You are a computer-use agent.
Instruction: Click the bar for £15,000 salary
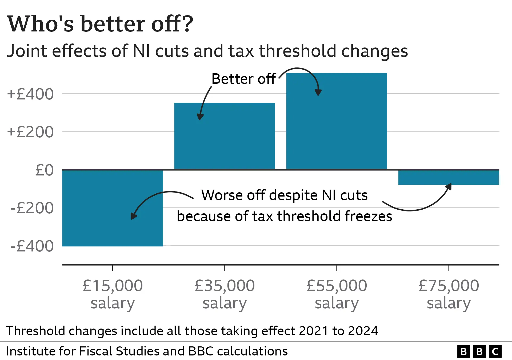pos(113,208)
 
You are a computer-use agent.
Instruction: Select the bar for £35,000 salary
pos(225,136)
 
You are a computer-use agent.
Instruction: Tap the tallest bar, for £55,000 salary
pos(337,121)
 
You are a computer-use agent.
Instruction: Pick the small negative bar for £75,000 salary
pos(449,177)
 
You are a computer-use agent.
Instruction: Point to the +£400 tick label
pos(30,94)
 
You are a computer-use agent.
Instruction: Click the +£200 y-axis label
pos(30,132)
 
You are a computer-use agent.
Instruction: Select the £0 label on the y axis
pos(45,170)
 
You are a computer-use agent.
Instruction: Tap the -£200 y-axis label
pos(32,208)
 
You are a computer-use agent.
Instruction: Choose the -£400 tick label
pos(32,246)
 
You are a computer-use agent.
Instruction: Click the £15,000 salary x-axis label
pos(113,294)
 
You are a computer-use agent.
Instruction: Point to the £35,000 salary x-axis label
pos(225,294)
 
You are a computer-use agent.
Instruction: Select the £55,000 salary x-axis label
pos(337,294)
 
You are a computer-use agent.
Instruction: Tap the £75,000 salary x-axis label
pos(449,294)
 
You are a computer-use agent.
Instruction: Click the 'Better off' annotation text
pos(243,79)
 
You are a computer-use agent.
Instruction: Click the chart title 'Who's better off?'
pos(100,24)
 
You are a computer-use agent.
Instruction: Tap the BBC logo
pos(479,351)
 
